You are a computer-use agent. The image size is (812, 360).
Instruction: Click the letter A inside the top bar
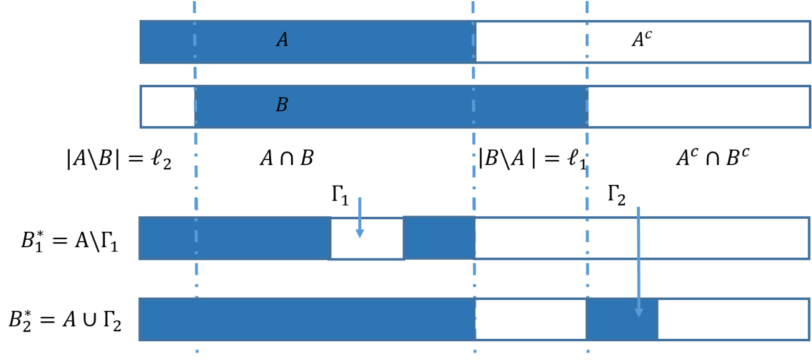click(282, 39)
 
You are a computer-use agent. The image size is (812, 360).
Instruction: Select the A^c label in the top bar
click(642, 39)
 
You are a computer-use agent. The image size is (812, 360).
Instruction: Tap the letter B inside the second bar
click(282, 105)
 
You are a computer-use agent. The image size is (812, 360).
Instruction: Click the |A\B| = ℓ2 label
click(119, 159)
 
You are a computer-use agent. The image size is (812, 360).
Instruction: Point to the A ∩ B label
click(287, 158)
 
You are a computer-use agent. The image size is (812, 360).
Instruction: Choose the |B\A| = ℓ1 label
click(533, 159)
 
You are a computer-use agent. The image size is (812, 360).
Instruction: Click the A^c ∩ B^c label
click(713, 158)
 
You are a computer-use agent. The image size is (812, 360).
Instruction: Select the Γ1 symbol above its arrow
click(340, 196)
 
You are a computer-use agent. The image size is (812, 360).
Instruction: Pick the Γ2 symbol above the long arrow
click(616, 196)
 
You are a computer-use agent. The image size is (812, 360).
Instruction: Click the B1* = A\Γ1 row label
click(70, 240)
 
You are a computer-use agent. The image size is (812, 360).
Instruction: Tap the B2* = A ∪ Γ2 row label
click(65, 321)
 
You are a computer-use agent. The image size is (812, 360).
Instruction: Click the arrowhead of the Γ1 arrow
click(360, 233)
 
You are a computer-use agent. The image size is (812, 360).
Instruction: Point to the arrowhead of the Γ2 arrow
click(639, 313)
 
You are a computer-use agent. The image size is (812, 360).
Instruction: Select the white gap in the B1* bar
click(366, 239)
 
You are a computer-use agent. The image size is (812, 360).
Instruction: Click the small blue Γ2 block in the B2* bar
click(622, 320)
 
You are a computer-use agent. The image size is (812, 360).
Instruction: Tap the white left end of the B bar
click(168, 107)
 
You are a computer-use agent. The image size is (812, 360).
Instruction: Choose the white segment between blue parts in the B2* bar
click(531, 320)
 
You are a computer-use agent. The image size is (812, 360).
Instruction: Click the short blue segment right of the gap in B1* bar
click(439, 238)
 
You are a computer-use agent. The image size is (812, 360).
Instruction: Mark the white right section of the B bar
click(699, 107)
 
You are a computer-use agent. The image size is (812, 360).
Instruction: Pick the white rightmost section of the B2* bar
click(733, 320)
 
